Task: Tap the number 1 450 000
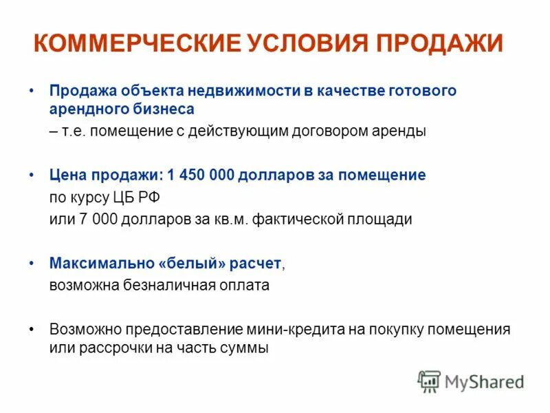[206, 176]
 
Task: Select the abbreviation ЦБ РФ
[141, 197]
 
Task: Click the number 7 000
[85, 220]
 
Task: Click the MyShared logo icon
[429, 381]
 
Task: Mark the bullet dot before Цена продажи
[32, 176]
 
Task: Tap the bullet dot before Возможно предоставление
[32, 329]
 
